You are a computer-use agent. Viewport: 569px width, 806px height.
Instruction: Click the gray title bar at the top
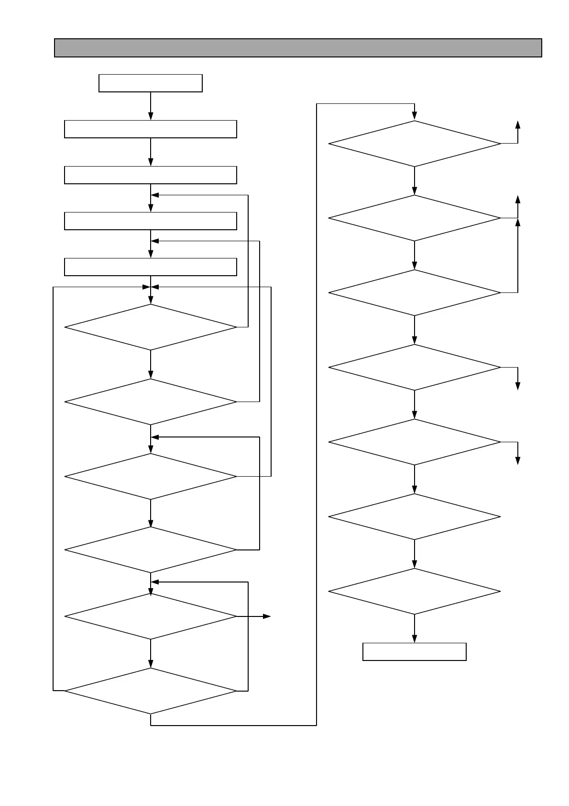click(x=298, y=48)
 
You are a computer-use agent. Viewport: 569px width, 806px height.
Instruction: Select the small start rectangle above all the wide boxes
click(x=151, y=83)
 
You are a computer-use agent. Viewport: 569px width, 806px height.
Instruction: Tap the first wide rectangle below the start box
click(x=151, y=129)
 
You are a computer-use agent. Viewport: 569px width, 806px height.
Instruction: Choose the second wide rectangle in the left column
click(x=151, y=175)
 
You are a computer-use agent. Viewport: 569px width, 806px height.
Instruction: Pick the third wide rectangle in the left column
click(x=151, y=221)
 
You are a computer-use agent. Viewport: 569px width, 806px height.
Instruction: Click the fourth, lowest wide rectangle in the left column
click(x=151, y=267)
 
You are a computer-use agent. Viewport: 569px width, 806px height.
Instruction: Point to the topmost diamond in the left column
click(x=151, y=327)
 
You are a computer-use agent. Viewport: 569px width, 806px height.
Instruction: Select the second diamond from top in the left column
click(x=151, y=402)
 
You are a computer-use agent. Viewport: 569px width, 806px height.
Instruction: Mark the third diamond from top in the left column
click(x=151, y=477)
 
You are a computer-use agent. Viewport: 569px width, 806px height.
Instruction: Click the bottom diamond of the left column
click(x=151, y=691)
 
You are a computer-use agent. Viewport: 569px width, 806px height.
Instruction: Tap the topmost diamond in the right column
click(x=415, y=144)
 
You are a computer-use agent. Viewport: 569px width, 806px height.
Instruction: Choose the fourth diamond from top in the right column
click(x=415, y=368)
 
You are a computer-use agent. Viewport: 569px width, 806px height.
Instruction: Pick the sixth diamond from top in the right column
click(x=415, y=517)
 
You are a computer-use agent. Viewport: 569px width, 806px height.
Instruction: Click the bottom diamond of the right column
click(x=415, y=592)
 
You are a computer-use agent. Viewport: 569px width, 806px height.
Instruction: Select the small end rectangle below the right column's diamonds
click(x=415, y=652)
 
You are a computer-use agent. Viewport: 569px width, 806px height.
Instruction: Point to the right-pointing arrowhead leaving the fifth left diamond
click(x=267, y=617)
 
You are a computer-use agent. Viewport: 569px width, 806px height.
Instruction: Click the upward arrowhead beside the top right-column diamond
click(x=518, y=124)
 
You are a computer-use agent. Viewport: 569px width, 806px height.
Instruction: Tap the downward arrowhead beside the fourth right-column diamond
click(x=518, y=386)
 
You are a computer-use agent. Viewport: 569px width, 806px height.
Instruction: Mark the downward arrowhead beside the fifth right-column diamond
click(x=518, y=460)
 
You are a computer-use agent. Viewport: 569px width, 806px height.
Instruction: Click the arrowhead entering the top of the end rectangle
click(x=415, y=639)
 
